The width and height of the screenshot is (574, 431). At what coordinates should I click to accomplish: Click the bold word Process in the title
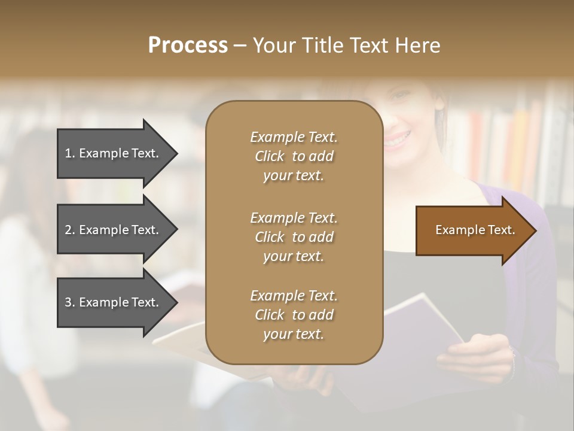click(188, 45)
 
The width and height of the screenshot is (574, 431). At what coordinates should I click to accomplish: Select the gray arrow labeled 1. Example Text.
click(114, 153)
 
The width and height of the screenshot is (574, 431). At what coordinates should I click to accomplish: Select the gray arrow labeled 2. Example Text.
click(114, 230)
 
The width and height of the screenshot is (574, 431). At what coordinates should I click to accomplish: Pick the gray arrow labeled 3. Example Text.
click(114, 302)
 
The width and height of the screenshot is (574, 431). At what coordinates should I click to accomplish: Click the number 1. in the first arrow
click(69, 153)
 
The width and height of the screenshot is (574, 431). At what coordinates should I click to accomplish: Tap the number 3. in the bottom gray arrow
click(69, 302)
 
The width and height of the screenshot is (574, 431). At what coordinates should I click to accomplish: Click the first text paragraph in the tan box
click(294, 156)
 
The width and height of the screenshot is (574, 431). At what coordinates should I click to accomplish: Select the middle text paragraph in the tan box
click(294, 236)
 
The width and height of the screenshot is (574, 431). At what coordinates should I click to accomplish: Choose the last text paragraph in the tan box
click(294, 315)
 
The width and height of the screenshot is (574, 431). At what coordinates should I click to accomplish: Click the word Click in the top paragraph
click(269, 156)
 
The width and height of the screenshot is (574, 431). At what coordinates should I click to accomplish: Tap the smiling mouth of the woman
click(398, 140)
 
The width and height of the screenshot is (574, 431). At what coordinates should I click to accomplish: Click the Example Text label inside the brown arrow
click(475, 230)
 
